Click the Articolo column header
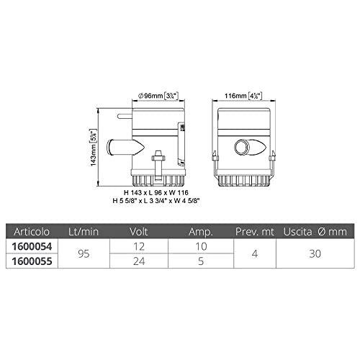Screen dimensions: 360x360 [x=32, y=232]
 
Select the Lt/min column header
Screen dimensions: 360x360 [x=84, y=232]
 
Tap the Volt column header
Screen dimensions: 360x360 [x=139, y=232]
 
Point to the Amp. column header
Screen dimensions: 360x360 [x=201, y=232]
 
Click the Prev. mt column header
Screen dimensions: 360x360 [x=255, y=232]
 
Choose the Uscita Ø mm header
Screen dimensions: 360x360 [x=315, y=232]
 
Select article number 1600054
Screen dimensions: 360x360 [x=32, y=246]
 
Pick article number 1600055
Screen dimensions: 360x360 [x=32, y=261]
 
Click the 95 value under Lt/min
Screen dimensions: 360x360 [x=84, y=253]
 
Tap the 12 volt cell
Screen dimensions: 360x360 [x=139, y=246]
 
